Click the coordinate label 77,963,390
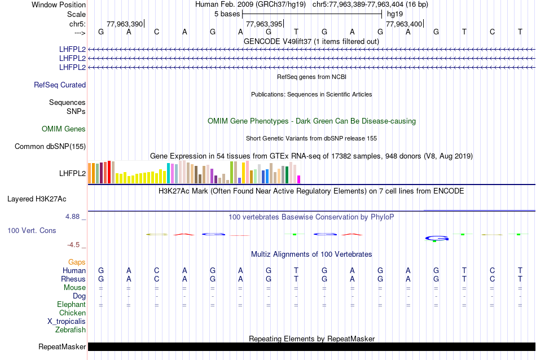124,24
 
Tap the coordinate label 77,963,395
263,24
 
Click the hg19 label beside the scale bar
395,14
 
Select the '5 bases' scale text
227,14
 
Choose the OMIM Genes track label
64,129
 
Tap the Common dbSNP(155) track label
50,147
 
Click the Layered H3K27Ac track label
37,199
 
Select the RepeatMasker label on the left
62,346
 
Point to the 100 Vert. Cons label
32,231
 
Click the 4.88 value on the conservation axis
74,217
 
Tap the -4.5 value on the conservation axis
74,245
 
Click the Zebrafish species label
71,330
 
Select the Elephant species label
71,305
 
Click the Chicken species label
73,313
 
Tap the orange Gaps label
77,262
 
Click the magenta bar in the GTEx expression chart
299,179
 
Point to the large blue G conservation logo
437,238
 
